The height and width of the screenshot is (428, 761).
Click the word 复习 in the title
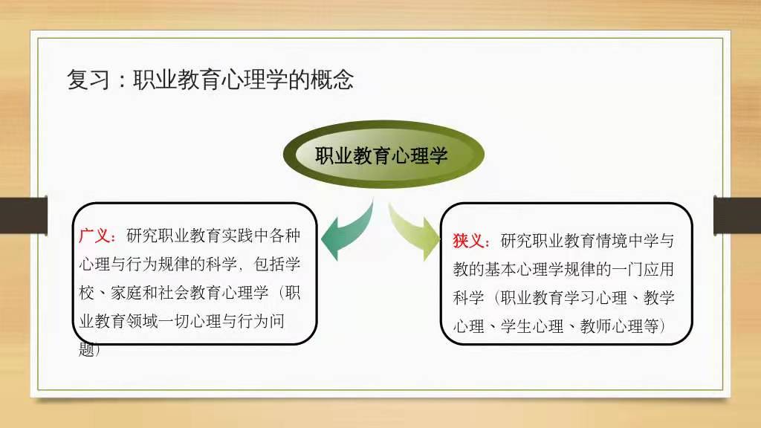pos(88,80)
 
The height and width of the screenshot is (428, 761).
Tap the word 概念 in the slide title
pos(332,80)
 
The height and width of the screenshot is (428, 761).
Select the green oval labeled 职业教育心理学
pos(383,155)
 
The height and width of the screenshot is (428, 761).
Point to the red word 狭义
pos(469,241)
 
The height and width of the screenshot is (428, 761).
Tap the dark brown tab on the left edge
pos(24,215)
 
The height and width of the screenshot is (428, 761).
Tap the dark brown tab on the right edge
pos(737,215)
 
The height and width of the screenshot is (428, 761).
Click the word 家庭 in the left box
pos(126,293)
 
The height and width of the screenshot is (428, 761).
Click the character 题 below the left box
pos(86,349)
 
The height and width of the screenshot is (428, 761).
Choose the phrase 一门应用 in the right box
pos(643,269)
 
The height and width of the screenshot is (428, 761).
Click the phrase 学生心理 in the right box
pos(532,327)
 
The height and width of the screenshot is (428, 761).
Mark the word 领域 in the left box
pos(142,321)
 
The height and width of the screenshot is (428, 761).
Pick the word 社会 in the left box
pos(174,293)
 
